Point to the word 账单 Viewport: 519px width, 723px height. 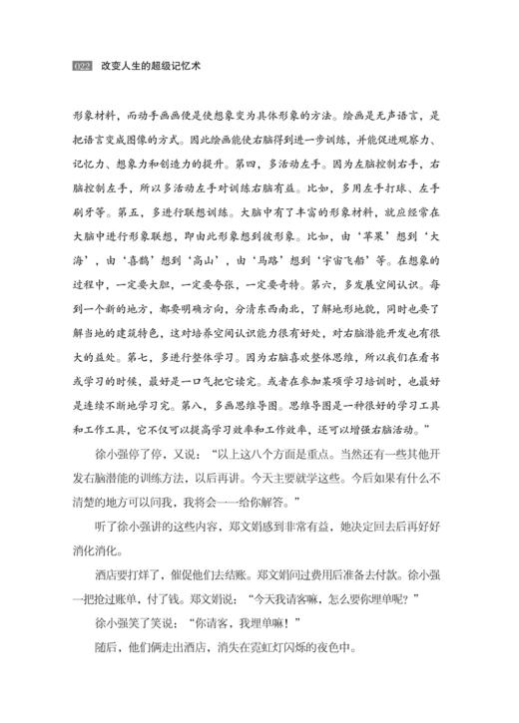pos(143,576)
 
